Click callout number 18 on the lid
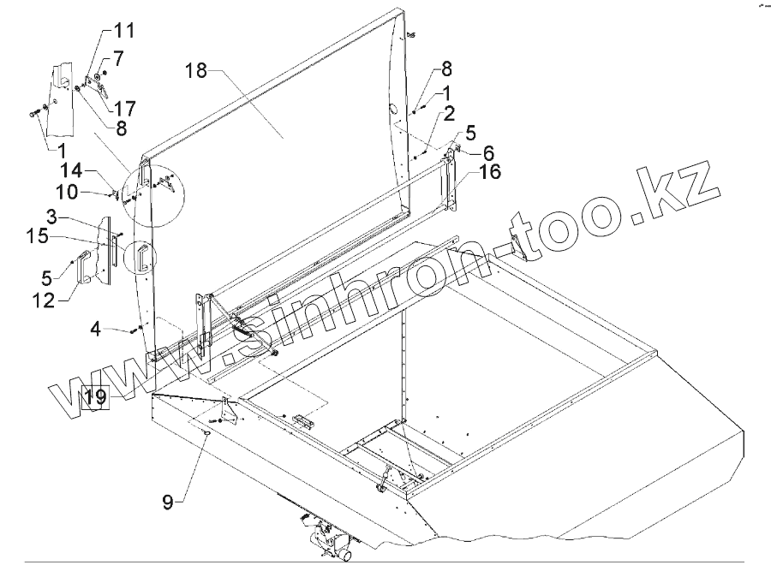tap(196, 71)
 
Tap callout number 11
tap(125, 33)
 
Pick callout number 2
tap(450, 113)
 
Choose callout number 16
tap(489, 173)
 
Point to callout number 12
tap(65, 299)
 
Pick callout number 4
tap(97, 328)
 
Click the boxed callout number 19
tap(95, 396)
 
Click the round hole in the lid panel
tap(393, 110)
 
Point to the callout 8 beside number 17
tap(120, 128)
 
